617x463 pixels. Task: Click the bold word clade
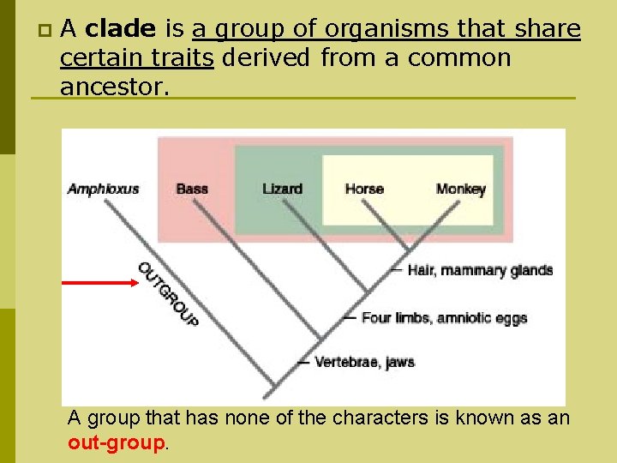[121, 30]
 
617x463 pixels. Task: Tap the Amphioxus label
[103, 189]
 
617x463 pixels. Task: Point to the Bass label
[192, 189]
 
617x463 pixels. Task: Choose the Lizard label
[282, 189]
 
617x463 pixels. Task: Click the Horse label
[364, 189]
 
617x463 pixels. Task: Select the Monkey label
[460, 189]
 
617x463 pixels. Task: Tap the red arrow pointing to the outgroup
[98, 280]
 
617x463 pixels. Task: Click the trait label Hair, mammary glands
[480, 270]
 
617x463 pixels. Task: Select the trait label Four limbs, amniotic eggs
[444, 318]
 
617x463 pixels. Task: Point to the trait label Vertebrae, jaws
[364, 362]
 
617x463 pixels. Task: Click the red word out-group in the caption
[115, 443]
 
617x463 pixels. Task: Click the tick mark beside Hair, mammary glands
[395, 270]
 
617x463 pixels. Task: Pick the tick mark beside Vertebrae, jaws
[303, 363]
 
